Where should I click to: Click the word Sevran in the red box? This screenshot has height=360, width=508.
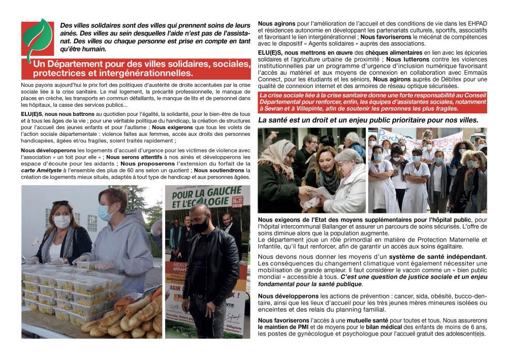pos(272,109)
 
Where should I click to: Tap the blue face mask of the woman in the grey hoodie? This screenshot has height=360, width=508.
pos(105,213)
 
